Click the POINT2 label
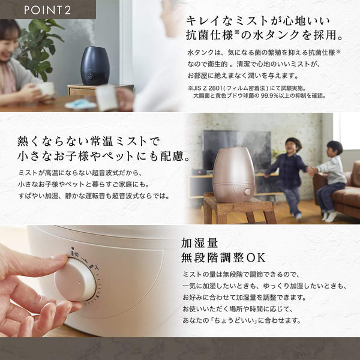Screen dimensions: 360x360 (47, 10)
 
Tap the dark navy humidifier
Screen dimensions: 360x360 (95, 65)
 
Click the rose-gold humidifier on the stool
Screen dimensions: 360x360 (234, 175)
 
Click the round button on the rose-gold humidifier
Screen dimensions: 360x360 (247, 191)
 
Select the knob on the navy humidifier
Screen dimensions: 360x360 (90, 77)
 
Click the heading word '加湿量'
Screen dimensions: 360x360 (199, 243)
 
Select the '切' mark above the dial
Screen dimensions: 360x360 (77, 254)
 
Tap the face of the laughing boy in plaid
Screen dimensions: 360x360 (292, 147)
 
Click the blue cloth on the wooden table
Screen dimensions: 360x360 (80, 104)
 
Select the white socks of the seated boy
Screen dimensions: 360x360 (329, 216)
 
